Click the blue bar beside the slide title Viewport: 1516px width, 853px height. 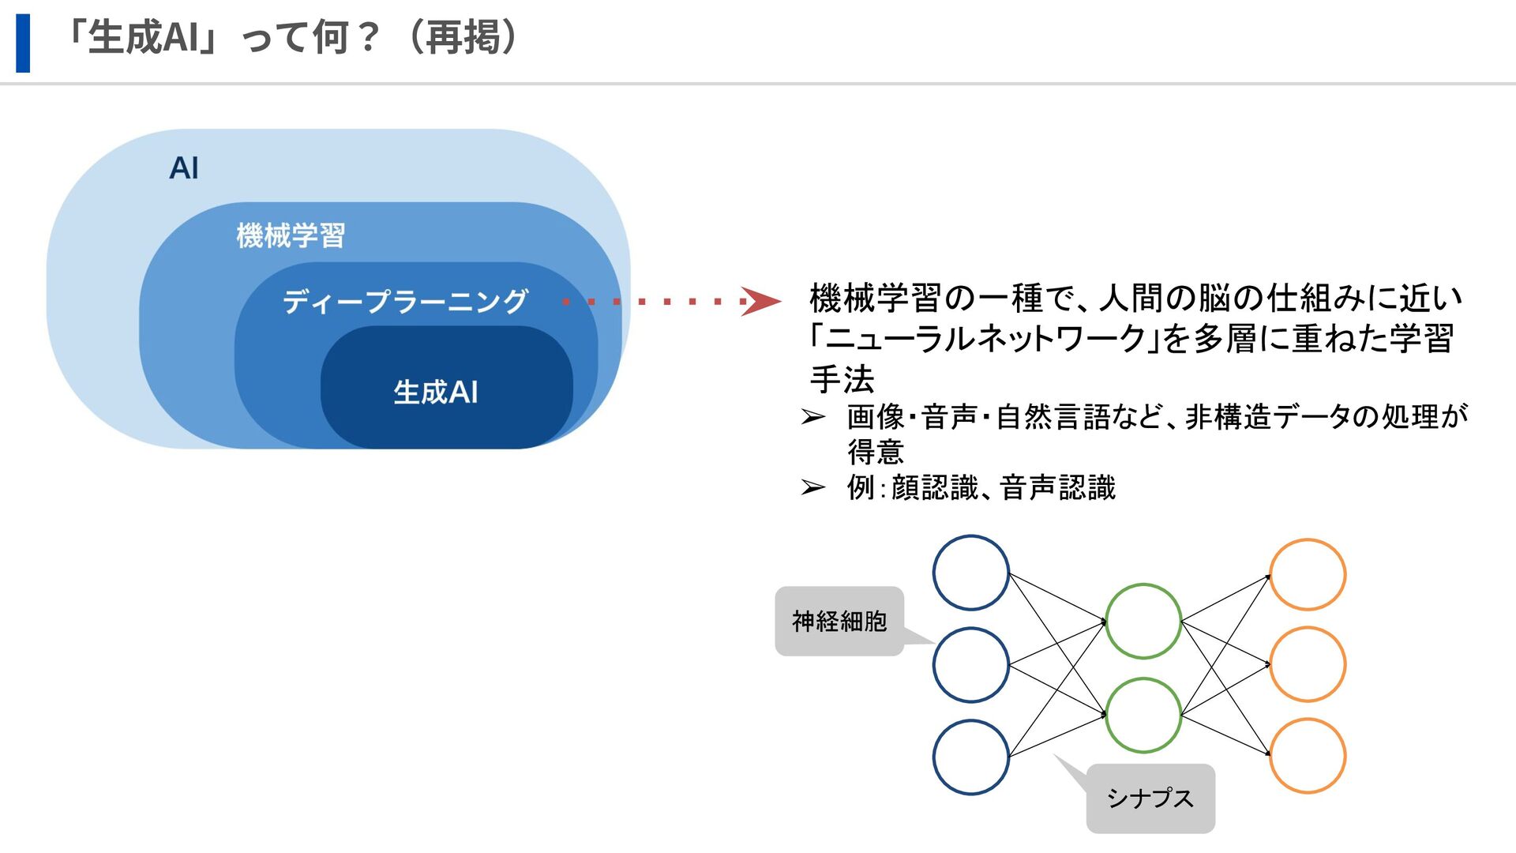coord(23,43)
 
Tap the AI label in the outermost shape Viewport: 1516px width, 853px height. coord(184,168)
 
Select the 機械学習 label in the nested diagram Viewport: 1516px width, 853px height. coord(291,235)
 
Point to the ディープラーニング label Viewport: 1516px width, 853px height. coord(405,301)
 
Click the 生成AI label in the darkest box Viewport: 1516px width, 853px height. coord(436,392)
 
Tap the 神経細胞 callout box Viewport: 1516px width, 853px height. coord(839,622)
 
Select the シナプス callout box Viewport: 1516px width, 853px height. coord(1150,799)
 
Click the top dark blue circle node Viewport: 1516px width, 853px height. coord(970,573)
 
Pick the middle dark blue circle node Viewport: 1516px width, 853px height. coord(970,665)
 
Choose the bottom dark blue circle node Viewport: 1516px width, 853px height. coord(970,757)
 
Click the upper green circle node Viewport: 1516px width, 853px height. coord(1143,621)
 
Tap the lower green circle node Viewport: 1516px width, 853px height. coord(1143,715)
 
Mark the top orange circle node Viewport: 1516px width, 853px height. coord(1308,575)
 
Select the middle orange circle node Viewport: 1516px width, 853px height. coord(1308,664)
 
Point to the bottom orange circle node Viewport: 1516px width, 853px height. coord(1308,756)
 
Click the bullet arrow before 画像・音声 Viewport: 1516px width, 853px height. coord(813,417)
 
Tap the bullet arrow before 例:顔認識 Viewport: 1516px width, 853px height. coord(813,487)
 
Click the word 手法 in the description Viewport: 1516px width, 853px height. coord(842,379)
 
